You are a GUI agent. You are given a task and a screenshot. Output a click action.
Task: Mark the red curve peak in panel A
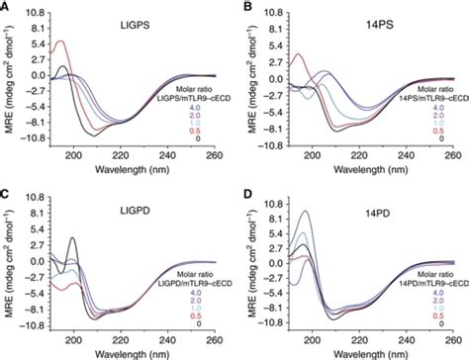click(62, 42)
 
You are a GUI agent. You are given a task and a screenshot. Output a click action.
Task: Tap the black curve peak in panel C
click(73, 238)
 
